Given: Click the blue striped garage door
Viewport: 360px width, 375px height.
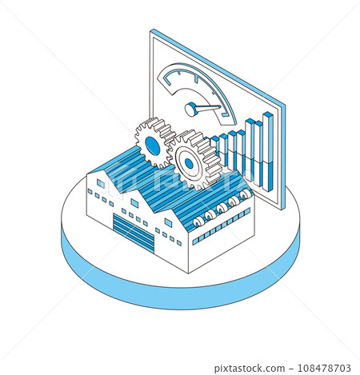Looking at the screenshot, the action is click(x=134, y=233).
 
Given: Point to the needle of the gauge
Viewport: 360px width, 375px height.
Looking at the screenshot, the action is click(x=208, y=108).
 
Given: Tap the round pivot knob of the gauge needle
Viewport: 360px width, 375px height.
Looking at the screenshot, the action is click(x=191, y=109).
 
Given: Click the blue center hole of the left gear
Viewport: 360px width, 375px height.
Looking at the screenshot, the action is click(x=153, y=146).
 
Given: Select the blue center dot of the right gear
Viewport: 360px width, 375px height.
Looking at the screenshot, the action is click(x=189, y=164).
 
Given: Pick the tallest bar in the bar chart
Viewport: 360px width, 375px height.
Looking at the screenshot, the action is click(x=268, y=152).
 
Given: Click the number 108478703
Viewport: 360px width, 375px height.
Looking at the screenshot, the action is click(x=324, y=369).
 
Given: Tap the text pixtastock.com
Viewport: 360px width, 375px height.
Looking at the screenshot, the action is click(x=250, y=369).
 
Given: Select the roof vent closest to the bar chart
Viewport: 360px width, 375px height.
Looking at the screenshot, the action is click(x=246, y=194).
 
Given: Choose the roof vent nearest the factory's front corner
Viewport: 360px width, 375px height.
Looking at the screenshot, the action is click(x=198, y=221).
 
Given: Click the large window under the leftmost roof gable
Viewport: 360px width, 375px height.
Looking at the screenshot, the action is click(x=101, y=184).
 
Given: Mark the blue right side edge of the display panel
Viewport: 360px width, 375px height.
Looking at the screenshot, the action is click(x=283, y=157).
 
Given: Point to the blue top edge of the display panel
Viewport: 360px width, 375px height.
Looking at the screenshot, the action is click(x=218, y=66).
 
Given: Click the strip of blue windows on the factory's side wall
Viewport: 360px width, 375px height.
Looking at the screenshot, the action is click(x=222, y=225).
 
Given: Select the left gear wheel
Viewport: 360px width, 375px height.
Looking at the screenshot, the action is click(x=153, y=144).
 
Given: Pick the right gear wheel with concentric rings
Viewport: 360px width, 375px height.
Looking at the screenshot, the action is click(x=194, y=160).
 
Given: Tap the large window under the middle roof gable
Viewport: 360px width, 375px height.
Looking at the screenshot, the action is click(x=134, y=203).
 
